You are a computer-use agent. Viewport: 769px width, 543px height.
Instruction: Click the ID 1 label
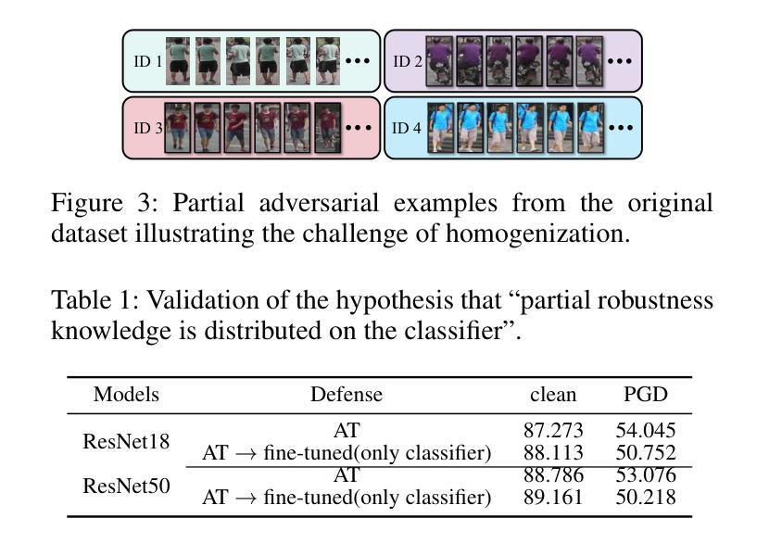point(147,62)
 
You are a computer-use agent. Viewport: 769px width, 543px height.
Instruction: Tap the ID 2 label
point(409,62)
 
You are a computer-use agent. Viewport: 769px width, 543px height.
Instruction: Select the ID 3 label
point(148,128)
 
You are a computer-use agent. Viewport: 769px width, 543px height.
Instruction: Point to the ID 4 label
point(407,128)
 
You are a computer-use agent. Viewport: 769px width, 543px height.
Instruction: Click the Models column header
point(126,395)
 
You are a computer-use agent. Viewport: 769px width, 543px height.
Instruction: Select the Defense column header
point(347,395)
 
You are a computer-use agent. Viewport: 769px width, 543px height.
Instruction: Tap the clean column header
point(553,395)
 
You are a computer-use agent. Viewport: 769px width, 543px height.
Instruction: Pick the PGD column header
point(646,395)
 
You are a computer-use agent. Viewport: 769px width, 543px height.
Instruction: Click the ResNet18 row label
point(126,441)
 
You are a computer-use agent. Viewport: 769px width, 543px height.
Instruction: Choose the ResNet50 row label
point(126,486)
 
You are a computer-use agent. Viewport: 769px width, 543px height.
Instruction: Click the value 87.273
point(554,431)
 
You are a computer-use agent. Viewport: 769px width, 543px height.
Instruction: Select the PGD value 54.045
point(646,431)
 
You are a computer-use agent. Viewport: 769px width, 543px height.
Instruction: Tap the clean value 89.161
point(554,498)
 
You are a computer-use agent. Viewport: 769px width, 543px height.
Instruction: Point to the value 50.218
point(646,498)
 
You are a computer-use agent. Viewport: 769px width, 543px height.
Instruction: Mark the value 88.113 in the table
point(554,453)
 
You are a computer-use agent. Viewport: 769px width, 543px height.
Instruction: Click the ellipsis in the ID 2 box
point(619,62)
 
